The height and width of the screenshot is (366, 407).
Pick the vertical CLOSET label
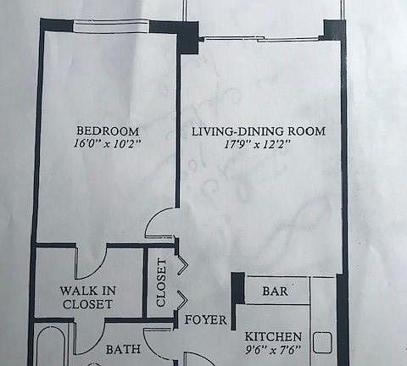(x=161, y=283)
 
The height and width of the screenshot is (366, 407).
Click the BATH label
(x=121, y=349)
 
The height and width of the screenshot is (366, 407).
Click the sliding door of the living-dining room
(x=260, y=38)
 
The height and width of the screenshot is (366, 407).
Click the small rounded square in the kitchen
(x=322, y=342)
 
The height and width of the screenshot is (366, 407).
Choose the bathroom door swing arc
(x=159, y=344)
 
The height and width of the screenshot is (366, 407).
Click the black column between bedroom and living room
(x=186, y=30)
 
